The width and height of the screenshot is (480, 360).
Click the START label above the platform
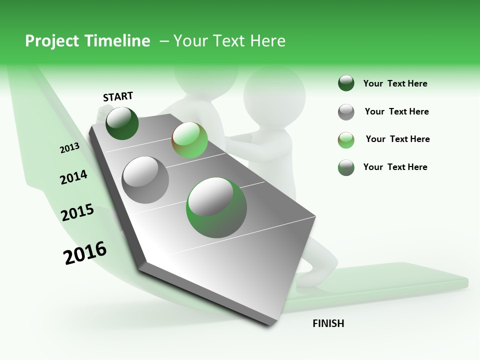pyautogui.click(x=118, y=96)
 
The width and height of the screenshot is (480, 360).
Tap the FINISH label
pyautogui.click(x=328, y=323)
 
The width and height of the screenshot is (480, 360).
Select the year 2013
pyautogui.click(x=69, y=148)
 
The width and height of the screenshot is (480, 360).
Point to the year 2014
pyautogui.click(x=73, y=177)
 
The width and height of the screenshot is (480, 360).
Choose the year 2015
pyautogui.click(x=77, y=212)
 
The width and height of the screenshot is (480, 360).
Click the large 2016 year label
pyautogui.click(x=85, y=253)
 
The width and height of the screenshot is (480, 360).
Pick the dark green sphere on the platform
pyautogui.click(x=122, y=123)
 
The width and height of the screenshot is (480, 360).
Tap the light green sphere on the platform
pyautogui.click(x=189, y=140)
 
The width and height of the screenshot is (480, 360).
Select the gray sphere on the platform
pyautogui.click(x=145, y=179)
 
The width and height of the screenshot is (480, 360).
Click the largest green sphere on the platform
pyautogui.click(x=216, y=207)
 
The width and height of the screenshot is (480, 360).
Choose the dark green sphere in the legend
pyautogui.click(x=346, y=83)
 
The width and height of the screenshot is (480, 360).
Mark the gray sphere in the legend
pyautogui.click(x=346, y=112)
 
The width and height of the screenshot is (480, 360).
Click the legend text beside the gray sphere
pyautogui.click(x=396, y=111)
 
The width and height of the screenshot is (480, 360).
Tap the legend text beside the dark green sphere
pyautogui.click(x=395, y=83)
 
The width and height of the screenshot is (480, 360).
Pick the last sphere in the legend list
pyautogui.click(x=346, y=167)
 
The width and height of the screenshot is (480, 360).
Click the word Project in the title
pyautogui.click(x=52, y=41)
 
